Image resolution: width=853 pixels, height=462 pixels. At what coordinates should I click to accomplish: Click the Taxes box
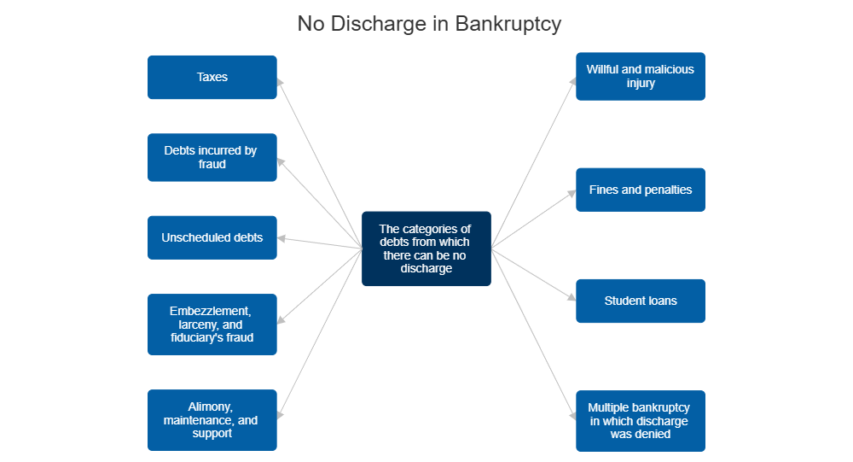click(212, 77)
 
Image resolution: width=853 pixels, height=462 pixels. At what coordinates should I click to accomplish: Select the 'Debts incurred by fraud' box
click(212, 157)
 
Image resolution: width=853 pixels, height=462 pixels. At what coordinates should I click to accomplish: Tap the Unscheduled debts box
click(212, 237)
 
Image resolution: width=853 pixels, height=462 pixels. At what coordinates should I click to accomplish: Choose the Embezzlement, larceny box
click(212, 325)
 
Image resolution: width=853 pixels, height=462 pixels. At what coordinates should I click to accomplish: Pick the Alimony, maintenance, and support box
click(212, 420)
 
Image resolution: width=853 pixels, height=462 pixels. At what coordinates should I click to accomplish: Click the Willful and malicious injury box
click(640, 76)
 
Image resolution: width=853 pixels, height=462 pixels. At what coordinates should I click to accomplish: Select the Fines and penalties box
click(640, 190)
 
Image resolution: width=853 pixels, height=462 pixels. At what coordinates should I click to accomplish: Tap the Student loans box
click(640, 301)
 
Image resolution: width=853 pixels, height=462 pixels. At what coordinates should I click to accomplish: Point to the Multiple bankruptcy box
click(640, 421)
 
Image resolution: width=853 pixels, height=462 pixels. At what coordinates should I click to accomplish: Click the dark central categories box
click(426, 249)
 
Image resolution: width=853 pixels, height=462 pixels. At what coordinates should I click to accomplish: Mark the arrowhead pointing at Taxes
click(281, 81)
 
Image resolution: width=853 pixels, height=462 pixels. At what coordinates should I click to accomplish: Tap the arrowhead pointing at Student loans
click(572, 299)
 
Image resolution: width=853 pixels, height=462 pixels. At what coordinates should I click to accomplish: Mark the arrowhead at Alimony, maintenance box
click(281, 414)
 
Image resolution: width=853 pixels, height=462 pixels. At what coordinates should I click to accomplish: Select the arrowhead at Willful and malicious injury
click(573, 81)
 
